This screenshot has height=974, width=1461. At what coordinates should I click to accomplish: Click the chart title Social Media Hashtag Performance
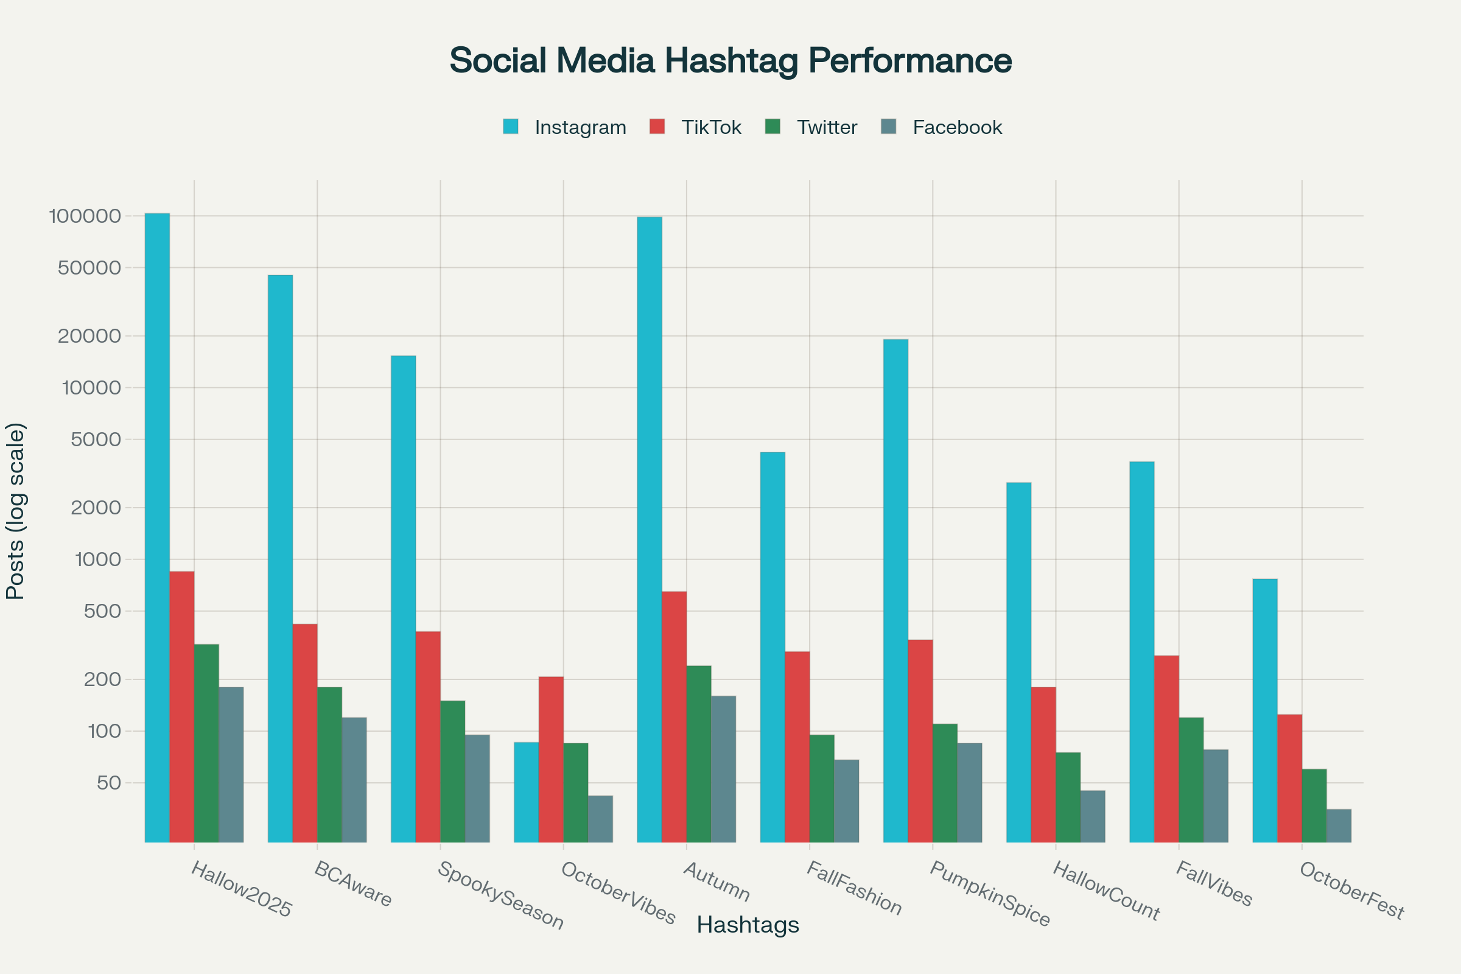click(x=730, y=61)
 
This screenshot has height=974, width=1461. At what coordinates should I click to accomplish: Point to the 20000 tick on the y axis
click(x=89, y=336)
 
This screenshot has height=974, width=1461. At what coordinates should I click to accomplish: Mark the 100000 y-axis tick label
click(x=85, y=216)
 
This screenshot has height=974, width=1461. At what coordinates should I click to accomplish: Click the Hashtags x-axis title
click(x=748, y=925)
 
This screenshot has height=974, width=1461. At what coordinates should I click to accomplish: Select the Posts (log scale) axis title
click(x=15, y=511)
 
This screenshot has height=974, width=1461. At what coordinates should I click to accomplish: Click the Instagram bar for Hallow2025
click(x=157, y=528)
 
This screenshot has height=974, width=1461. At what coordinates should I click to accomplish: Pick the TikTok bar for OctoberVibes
click(x=551, y=759)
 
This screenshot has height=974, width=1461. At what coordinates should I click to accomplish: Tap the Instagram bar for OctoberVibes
click(x=526, y=792)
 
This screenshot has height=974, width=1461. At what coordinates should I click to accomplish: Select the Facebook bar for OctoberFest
click(x=1339, y=825)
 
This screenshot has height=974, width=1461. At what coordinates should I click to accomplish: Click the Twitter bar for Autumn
click(x=699, y=754)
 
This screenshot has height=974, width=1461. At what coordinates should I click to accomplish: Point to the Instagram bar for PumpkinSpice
click(x=895, y=590)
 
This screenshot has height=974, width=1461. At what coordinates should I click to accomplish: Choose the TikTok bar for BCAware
click(x=305, y=733)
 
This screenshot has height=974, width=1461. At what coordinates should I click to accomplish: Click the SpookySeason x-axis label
click(x=500, y=895)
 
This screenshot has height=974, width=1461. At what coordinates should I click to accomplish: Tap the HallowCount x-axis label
click(x=1106, y=891)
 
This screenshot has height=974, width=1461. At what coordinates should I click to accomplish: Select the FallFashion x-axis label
click(x=854, y=888)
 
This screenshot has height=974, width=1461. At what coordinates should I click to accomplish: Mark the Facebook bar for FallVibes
click(x=1216, y=796)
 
